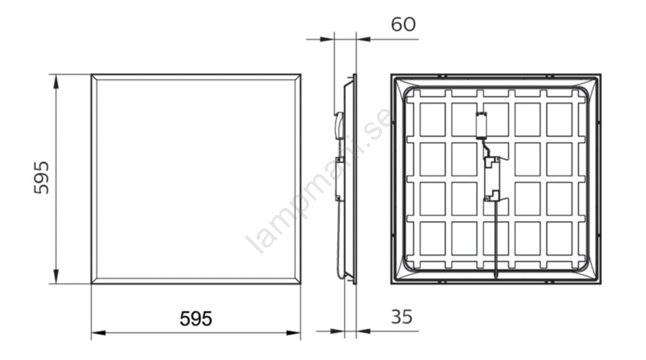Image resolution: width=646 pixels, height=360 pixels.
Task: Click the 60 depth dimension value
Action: coord(403,25)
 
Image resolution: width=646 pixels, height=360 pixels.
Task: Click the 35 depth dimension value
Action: coord(401,316)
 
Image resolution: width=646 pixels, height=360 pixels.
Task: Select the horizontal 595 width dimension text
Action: coord(196,318)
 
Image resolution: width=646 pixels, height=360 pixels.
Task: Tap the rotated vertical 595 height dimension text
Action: coord(41,178)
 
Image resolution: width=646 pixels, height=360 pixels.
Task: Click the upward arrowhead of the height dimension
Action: coord(56,81)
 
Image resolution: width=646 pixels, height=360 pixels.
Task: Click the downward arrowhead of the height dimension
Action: coord(56,276)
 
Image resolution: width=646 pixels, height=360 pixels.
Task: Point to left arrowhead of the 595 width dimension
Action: coord(98,332)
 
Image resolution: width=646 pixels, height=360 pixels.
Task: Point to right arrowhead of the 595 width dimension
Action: coord(293,332)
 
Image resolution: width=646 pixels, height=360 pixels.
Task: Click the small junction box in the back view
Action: coord(481,125)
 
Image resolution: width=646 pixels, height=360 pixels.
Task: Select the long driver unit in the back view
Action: coord(492,179)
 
